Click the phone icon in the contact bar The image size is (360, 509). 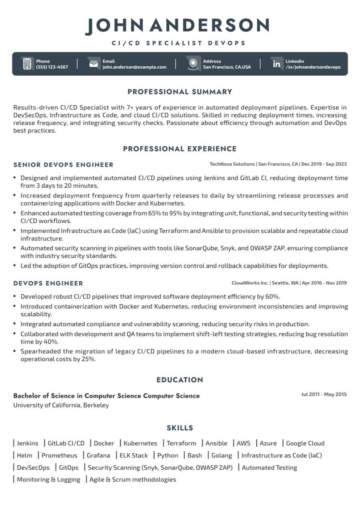click(27, 64)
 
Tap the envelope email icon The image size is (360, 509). click(93, 64)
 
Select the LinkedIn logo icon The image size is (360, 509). click(276, 64)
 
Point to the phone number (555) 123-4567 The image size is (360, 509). click(52, 67)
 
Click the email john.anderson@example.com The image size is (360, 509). click(134, 67)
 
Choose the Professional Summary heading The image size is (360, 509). click(180, 92)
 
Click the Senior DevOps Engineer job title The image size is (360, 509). click(64, 165)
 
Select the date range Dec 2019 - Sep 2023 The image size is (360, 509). click(324, 164)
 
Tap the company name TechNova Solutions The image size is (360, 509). click(232, 164)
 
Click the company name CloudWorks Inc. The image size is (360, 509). click(250, 283)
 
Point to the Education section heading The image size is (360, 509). click(180, 380)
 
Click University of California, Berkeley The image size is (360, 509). click(61, 405)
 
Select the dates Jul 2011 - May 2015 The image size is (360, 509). click(324, 395)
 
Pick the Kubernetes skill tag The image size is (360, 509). click(140, 443)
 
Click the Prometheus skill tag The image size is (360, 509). click(60, 455)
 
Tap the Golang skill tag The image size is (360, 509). click(222, 455)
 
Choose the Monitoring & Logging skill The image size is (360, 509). click(48, 479)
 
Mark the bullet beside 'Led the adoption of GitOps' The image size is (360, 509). click(15, 265)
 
